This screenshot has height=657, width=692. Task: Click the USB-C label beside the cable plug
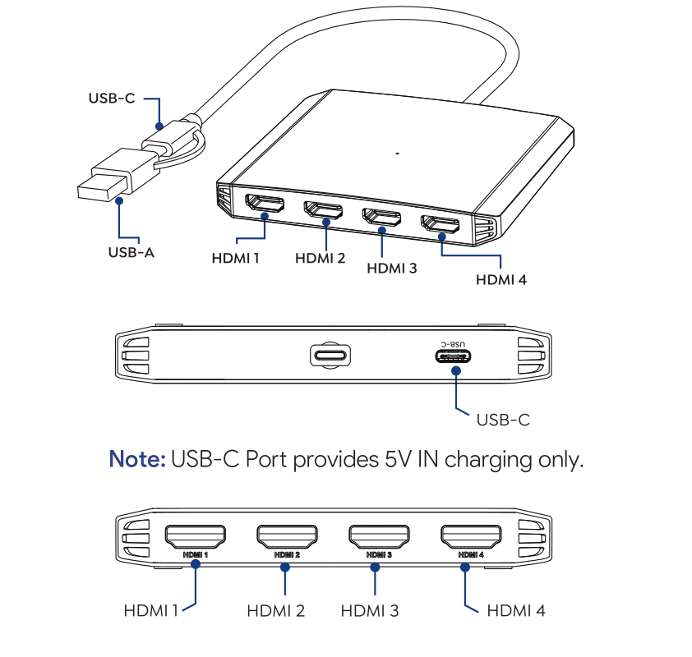pos(112,99)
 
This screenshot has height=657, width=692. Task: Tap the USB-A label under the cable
pos(131,252)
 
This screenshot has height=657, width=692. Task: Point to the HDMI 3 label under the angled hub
pos(391,268)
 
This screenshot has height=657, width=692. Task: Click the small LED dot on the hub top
pos(397,153)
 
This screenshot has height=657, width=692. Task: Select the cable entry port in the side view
pos(330,356)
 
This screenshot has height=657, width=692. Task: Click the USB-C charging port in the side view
pos(454,356)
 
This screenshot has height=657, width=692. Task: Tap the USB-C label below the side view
pos(503,420)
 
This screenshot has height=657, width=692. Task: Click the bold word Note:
pos(137,459)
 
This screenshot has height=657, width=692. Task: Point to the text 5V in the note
pos(399,459)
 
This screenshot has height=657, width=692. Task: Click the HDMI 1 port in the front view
pos(196,538)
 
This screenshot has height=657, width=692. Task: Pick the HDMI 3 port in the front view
pos(378,538)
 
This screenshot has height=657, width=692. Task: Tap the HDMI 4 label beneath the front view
pos(516,610)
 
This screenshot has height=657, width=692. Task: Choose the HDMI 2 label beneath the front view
pos(276,610)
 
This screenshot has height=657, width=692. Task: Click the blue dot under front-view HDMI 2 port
pos(285,567)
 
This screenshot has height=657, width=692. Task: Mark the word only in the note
pos(560,459)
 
